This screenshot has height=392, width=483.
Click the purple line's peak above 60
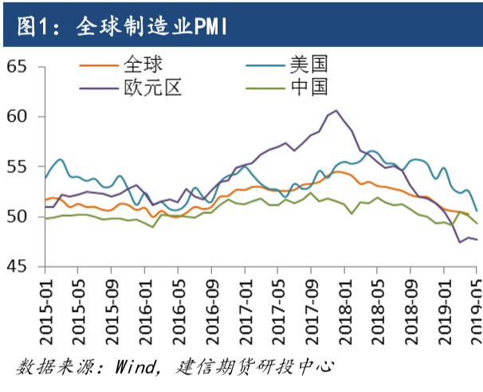click(336, 110)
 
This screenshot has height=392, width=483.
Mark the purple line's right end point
click(477, 239)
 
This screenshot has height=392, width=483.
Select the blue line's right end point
click(477, 210)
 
